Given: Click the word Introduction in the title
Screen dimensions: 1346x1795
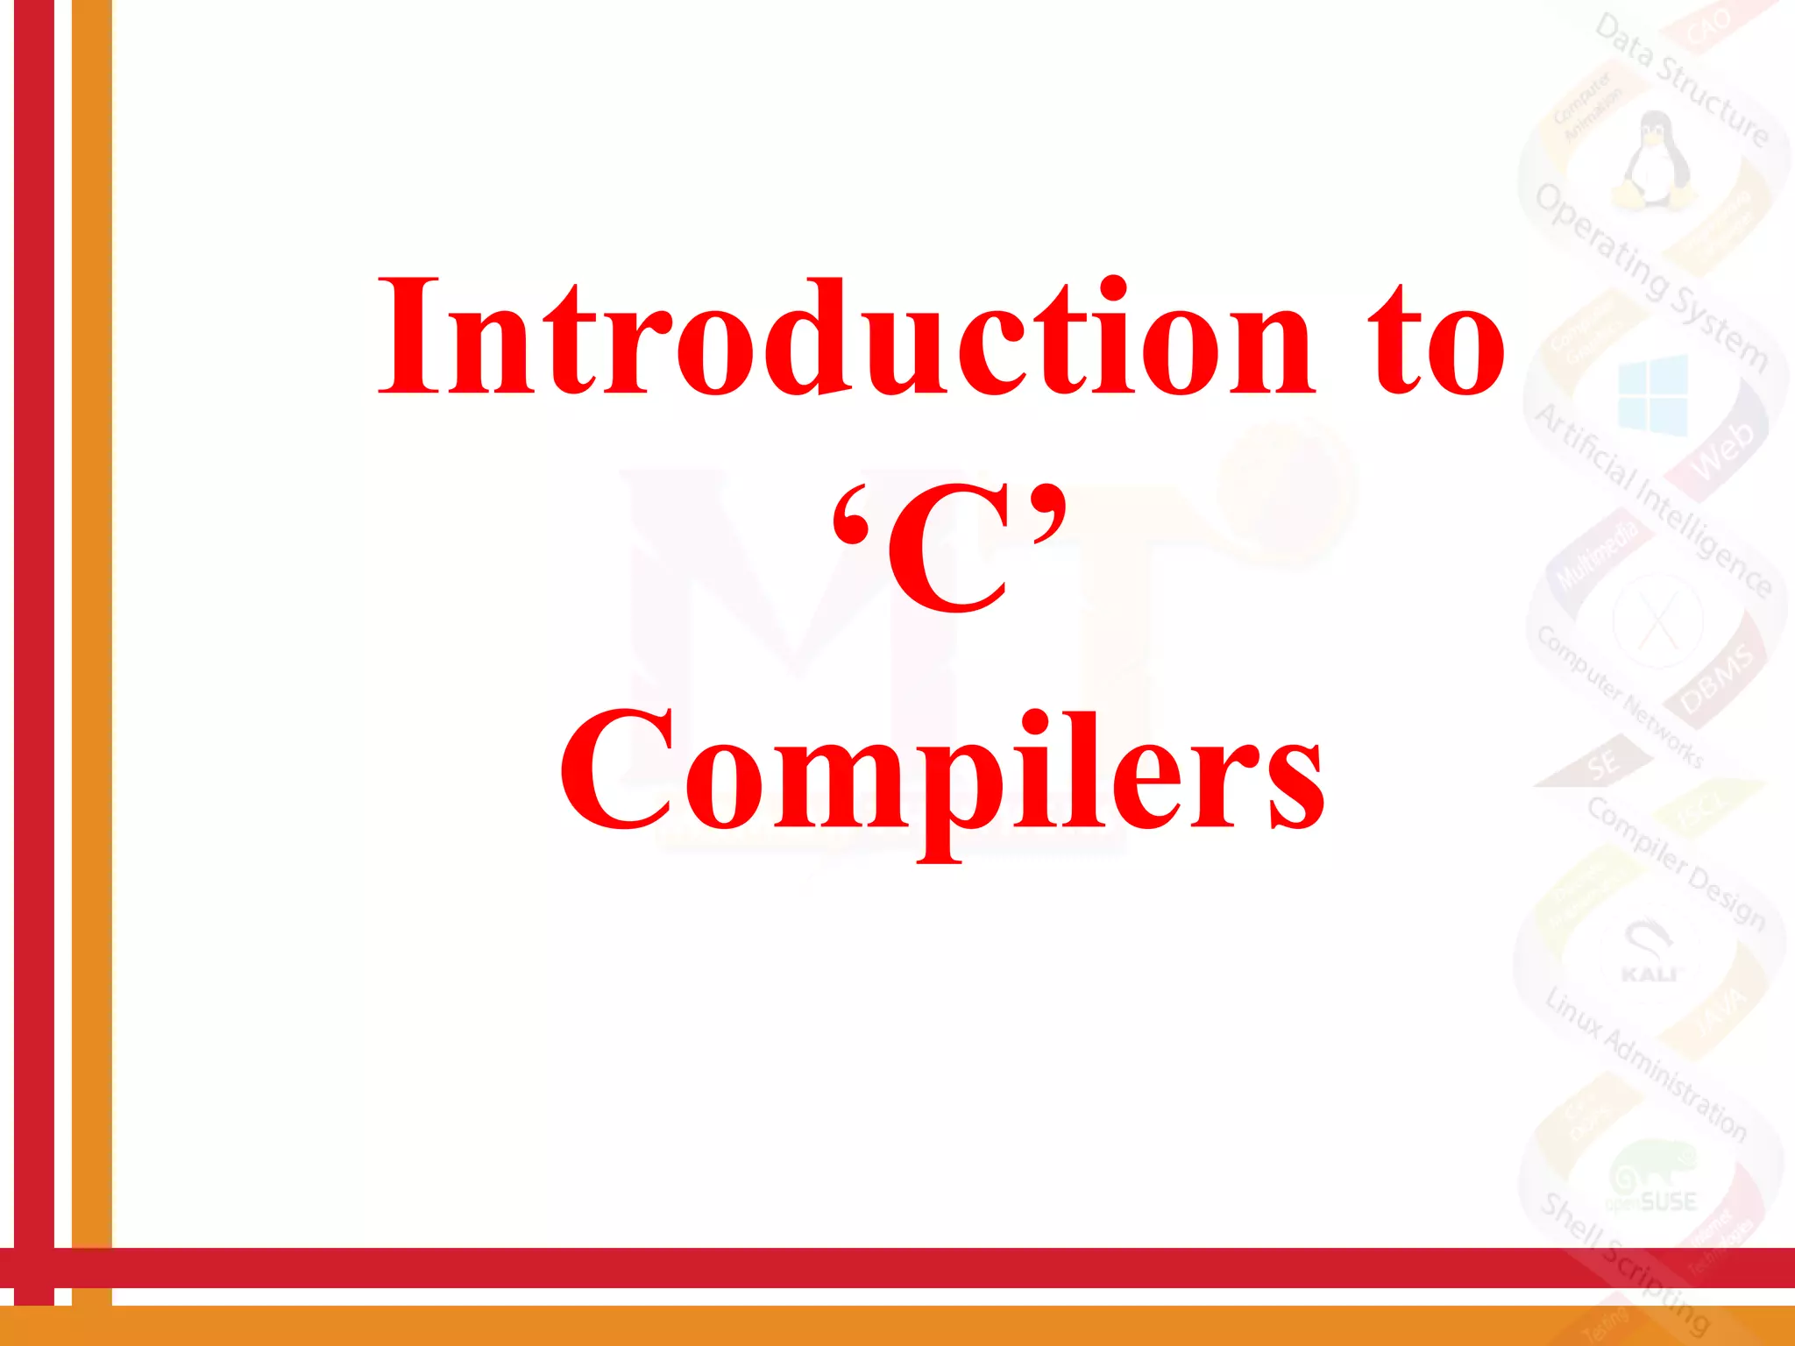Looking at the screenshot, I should (x=846, y=337).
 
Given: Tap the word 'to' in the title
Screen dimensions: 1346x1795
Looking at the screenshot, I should (x=1437, y=342).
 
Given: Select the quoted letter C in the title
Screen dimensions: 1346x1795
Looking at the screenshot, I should (x=948, y=552).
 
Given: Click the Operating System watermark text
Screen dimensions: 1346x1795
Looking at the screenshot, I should (x=1652, y=276).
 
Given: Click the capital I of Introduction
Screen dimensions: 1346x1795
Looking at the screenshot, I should (x=410, y=337).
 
